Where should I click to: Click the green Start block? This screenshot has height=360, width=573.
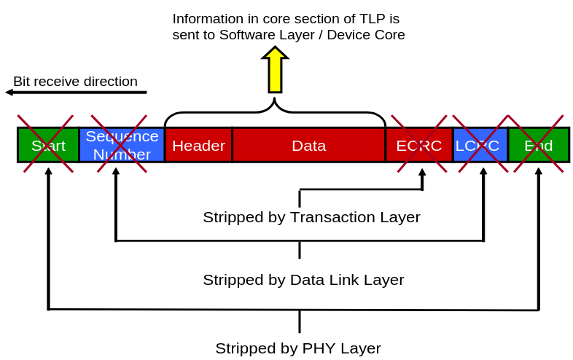[48, 145]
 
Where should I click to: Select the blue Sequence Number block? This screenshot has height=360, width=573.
[122, 145]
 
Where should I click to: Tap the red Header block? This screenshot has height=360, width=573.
[198, 145]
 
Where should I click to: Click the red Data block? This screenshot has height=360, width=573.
[308, 145]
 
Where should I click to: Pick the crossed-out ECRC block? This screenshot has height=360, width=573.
[418, 145]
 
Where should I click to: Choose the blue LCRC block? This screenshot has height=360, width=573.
[480, 145]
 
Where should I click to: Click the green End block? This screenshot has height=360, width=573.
[538, 145]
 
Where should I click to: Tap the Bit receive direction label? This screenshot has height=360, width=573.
[75, 81]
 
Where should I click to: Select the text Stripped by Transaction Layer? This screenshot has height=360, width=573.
[311, 217]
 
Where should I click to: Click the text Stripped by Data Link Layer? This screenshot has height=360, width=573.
[303, 280]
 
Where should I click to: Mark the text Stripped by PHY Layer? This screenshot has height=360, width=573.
[298, 348]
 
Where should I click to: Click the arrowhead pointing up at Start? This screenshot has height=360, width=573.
[48, 171]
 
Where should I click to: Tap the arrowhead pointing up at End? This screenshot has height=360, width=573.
[539, 171]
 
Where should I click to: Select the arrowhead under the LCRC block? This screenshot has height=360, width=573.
[483, 171]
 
